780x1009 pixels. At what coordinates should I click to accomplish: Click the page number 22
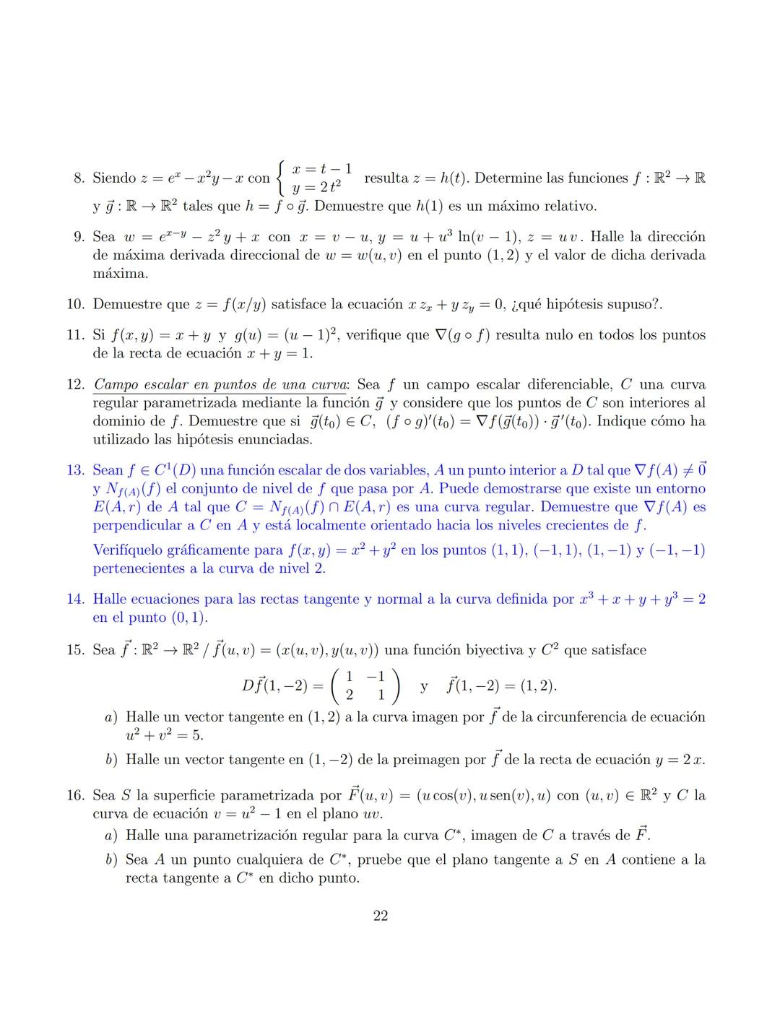[x=381, y=916]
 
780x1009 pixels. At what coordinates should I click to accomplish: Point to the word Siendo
[x=114, y=178]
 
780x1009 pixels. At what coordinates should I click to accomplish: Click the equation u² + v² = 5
[x=164, y=735]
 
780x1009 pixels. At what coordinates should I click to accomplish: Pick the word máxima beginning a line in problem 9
[x=110, y=274]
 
